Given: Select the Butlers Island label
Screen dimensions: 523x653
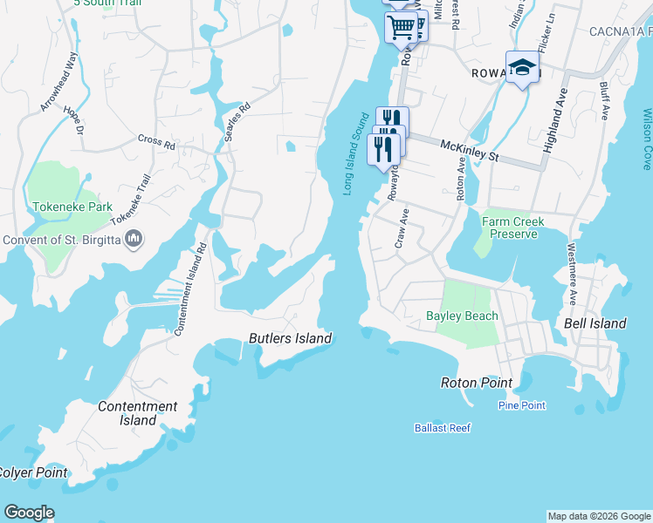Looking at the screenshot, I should click(x=290, y=338).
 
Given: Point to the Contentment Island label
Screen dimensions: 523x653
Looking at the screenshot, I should click(x=138, y=413).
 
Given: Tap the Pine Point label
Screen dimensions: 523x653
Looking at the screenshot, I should click(x=521, y=405).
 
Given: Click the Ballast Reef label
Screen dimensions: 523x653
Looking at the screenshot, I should click(x=443, y=428).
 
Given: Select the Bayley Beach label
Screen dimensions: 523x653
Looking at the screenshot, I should click(x=462, y=316).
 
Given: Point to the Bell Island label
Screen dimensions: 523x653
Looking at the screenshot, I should click(x=595, y=323).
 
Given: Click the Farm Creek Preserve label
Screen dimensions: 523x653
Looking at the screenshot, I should click(x=513, y=228).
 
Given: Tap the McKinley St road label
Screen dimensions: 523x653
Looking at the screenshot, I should click(x=469, y=150).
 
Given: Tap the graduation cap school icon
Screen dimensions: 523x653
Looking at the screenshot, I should click(x=521, y=67).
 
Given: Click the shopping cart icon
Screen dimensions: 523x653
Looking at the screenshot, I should click(x=401, y=26).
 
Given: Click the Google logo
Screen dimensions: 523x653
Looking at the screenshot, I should click(x=29, y=513).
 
